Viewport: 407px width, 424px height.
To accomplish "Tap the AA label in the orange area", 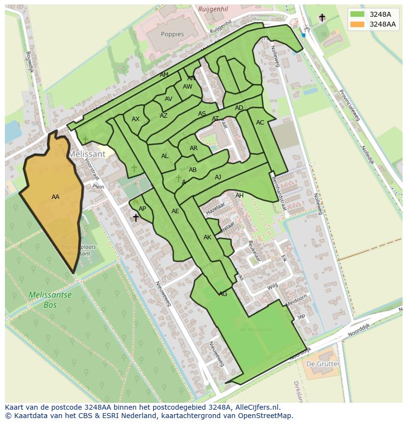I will [56, 197].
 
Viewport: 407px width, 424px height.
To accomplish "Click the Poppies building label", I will [172, 34].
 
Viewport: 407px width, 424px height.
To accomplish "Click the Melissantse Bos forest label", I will [50, 300].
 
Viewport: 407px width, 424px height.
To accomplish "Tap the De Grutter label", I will [322, 364].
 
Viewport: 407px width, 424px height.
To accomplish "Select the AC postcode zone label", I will [260, 123].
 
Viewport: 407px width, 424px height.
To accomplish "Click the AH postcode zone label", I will [239, 196].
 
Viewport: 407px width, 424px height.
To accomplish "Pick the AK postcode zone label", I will [207, 237].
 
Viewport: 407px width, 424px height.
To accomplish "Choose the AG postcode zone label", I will [223, 294].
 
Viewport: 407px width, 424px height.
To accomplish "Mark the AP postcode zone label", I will [142, 209].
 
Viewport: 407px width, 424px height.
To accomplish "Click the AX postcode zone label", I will [136, 119].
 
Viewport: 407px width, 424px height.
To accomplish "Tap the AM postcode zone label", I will [164, 75].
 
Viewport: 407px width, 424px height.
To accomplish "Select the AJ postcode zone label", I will [218, 177].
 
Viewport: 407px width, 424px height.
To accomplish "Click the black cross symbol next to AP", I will [136, 217].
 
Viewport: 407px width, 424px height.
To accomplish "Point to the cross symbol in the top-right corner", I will [322, 18].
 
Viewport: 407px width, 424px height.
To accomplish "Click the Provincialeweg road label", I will [350, 108].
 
